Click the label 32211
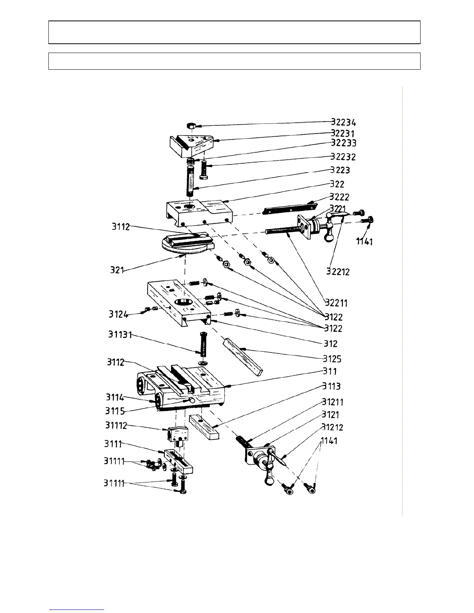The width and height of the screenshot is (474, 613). pos(337,302)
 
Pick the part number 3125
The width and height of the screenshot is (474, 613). pos(332,358)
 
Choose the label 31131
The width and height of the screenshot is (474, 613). pos(120,335)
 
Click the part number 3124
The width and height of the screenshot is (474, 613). pos(118,314)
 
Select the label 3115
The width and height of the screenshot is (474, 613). pos(115,411)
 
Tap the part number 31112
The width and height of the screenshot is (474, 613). pos(116,425)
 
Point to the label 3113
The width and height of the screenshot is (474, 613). pos(331,386)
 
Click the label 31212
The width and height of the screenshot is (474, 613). pos(332,427)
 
